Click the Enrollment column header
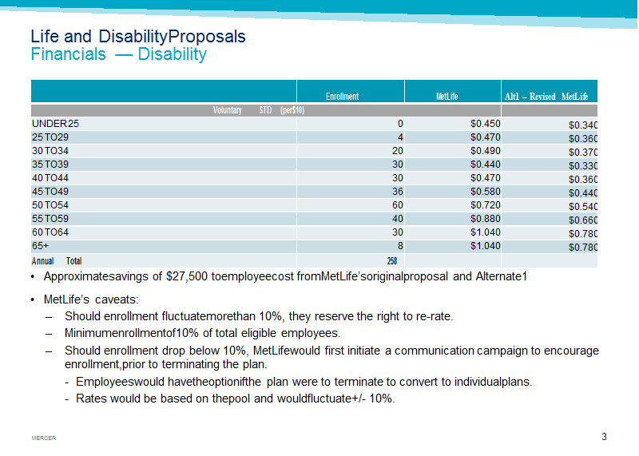point(342,97)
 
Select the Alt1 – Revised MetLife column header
point(546,97)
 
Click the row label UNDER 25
point(55,124)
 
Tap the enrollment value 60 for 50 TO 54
point(397,205)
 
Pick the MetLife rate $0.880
point(486,219)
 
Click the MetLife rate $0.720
point(486,205)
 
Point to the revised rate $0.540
point(583,207)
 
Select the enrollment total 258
point(392,261)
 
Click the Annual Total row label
point(57,261)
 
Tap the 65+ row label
point(41,246)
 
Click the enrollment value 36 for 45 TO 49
point(397,192)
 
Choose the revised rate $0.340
point(583,125)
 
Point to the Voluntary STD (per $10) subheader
point(258,110)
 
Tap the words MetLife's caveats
point(91,299)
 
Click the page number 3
point(604,437)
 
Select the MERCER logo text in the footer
point(44,438)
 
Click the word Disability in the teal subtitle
point(172,54)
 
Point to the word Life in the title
point(45,36)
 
